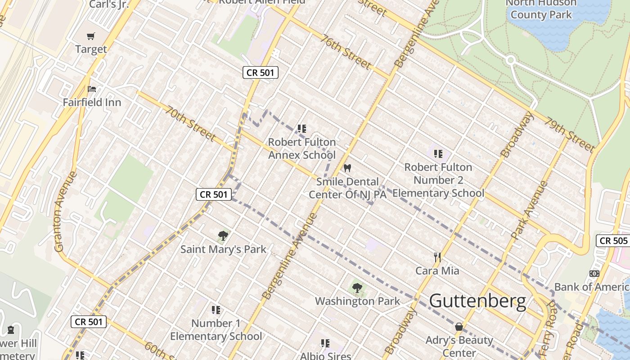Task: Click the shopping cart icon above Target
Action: (x=91, y=36)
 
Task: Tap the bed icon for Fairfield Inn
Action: (x=92, y=89)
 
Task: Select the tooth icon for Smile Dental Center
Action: (x=347, y=168)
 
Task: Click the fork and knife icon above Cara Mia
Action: (x=437, y=257)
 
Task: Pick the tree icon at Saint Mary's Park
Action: (x=223, y=235)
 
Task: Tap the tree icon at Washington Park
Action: (x=357, y=288)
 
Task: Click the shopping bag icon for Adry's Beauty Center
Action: (x=459, y=327)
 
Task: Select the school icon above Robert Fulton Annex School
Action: (x=301, y=129)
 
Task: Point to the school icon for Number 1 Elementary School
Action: (x=216, y=310)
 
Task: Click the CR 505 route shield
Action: (x=613, y=241)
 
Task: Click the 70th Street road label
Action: (x=191, y=123)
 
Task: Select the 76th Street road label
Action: (x=346, y=52)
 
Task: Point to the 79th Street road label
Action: (x=570, y=134)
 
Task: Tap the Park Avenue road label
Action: (x=530, y=210)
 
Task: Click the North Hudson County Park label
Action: (x=540, y=9)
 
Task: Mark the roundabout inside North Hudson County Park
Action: (x=510, y=60)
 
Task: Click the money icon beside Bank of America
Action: (x=594, y=273)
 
